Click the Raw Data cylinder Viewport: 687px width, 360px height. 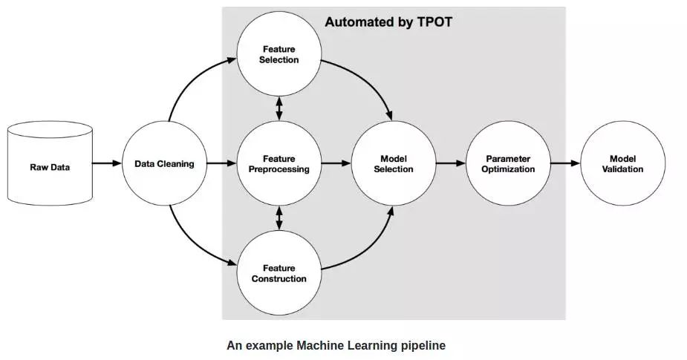[x=50, y=164]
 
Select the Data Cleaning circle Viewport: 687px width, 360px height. [x=163, y=163]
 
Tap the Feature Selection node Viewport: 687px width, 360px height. [x=279, y=54]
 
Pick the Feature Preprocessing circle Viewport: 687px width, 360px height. [x=279, y=163]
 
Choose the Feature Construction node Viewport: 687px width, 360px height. [x=279, y=273]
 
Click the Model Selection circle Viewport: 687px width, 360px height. [x=394, y=163]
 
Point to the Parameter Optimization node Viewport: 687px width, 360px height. [x=509, y=163]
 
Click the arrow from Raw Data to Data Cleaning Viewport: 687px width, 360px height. [x=107, y=163]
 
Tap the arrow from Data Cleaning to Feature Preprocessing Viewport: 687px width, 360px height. [x=221, y=163]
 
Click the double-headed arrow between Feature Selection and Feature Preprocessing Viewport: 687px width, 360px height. [x=279, y=109]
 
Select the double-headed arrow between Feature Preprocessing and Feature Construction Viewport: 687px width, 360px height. [x=279, y=218]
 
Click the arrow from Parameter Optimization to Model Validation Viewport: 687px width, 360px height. [x=565, y=163]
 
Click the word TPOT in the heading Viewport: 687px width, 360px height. [x=433, y=22]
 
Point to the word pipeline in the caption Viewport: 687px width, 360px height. [x=420, y=345]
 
